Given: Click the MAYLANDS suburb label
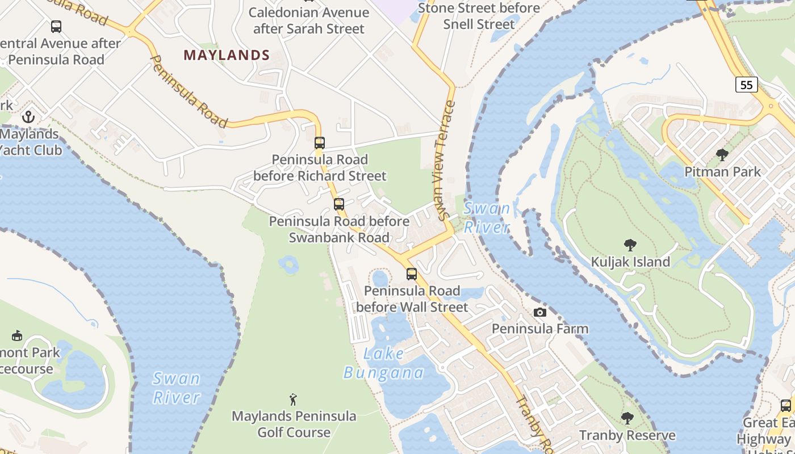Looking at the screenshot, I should coord(227,55).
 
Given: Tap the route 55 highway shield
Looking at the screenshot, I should coord(747,85).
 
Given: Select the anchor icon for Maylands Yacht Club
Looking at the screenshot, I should coord(28,117).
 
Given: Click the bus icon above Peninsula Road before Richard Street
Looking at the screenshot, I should coord(320,143).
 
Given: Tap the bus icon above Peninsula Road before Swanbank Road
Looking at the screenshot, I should coord(339,204).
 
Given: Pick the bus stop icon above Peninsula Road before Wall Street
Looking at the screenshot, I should coord(412,274).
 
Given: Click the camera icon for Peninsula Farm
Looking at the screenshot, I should coord(540,312).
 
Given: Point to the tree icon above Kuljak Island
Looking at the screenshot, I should coord(630,245).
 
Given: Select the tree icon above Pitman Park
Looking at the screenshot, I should coord(722,154).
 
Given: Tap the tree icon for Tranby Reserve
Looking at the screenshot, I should coord(627,418).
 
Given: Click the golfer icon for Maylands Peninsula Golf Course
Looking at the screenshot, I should coord(293,399).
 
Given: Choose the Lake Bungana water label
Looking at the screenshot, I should coord(384,363).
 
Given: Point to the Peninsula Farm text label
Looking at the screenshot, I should coord(540,329).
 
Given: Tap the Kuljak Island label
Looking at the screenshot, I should coord(630,262).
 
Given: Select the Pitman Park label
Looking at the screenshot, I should coord(722,171).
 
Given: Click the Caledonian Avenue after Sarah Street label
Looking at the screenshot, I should coord(309,20).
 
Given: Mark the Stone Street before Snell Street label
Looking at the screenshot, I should coord(479,16).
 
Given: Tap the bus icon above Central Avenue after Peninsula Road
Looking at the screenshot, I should coord(56,26).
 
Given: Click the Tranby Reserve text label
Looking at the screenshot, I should coord(627,435).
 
